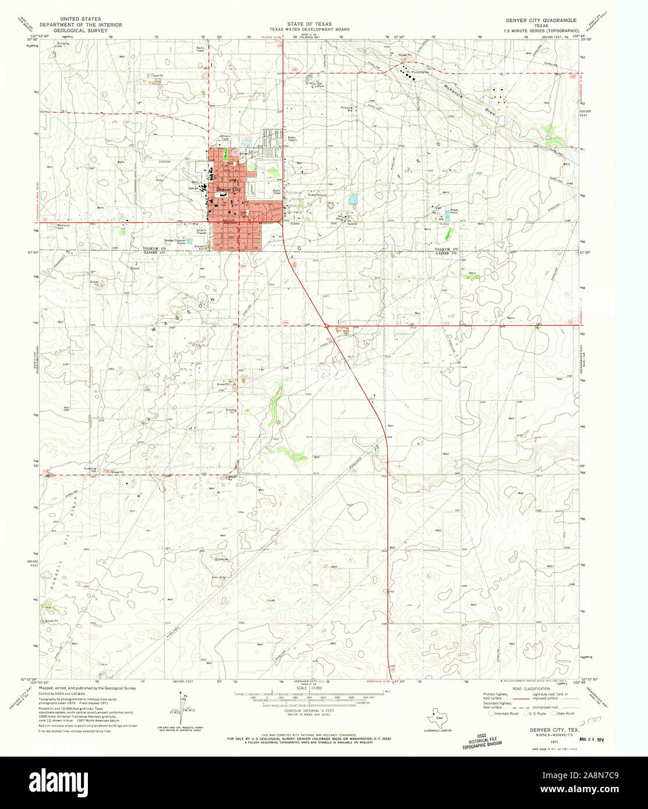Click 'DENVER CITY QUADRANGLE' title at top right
[541, 20]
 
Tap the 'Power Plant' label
[454, 211]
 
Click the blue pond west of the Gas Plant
[353, 200]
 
